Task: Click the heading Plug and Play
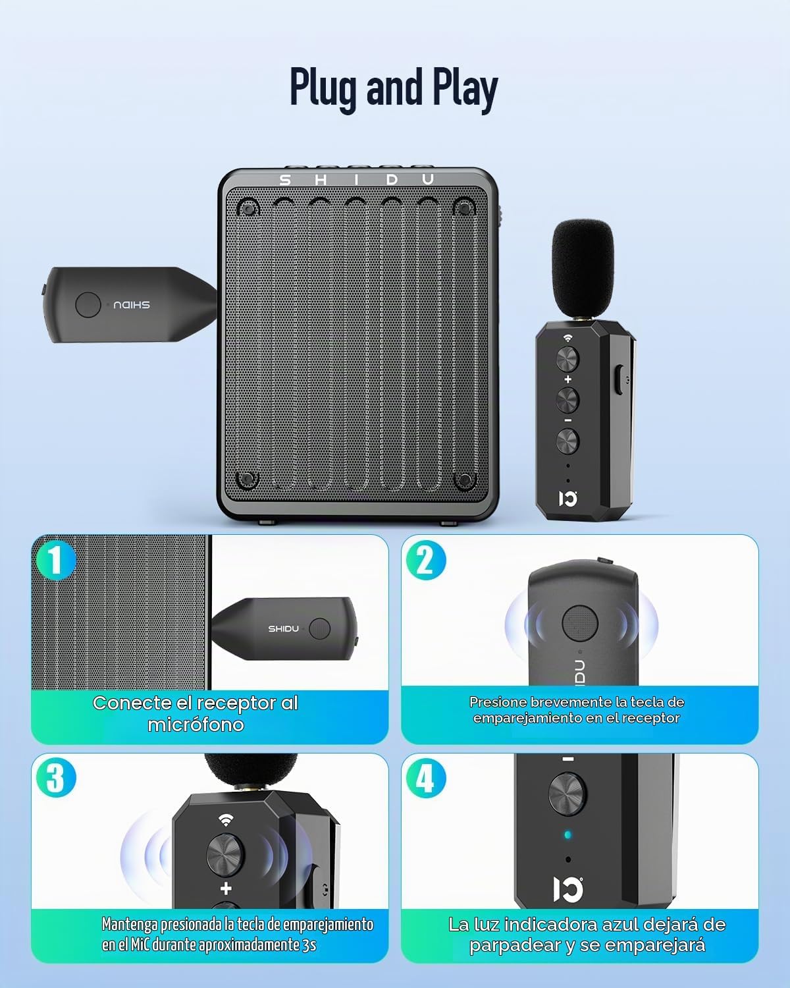(x=394, y=88)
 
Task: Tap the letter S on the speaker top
(x=285, y=180)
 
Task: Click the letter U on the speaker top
(x=428, y=180)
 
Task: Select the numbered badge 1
(x=56, y=560)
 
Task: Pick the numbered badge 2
(x=426, y=560)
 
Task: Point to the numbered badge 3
(x=56, y=778)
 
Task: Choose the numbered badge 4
(x=426, y=778)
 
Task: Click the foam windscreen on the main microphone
(x=583, y=269)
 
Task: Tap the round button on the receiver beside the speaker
(x=88, y=305)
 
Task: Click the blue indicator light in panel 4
(x=568, y=835)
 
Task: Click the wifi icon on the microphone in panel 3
(x=225, y=819)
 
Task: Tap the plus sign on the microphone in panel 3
(x=226, y=889)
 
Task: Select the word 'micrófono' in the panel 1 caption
(x=196, y=725)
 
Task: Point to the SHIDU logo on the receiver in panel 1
(x=283, y=628)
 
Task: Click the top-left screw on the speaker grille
(x=248, y=209)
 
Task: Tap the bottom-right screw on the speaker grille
(x=464, y=480)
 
